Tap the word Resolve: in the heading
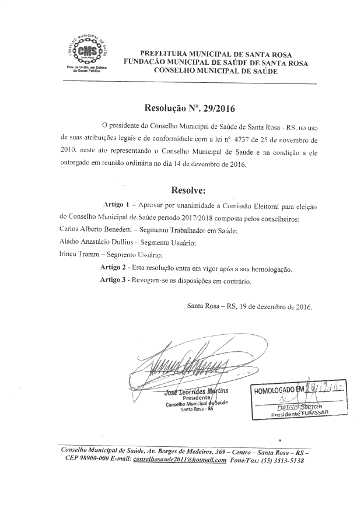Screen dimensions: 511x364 coord(188,190)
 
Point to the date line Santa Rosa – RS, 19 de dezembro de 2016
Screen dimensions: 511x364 coord(250,306)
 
